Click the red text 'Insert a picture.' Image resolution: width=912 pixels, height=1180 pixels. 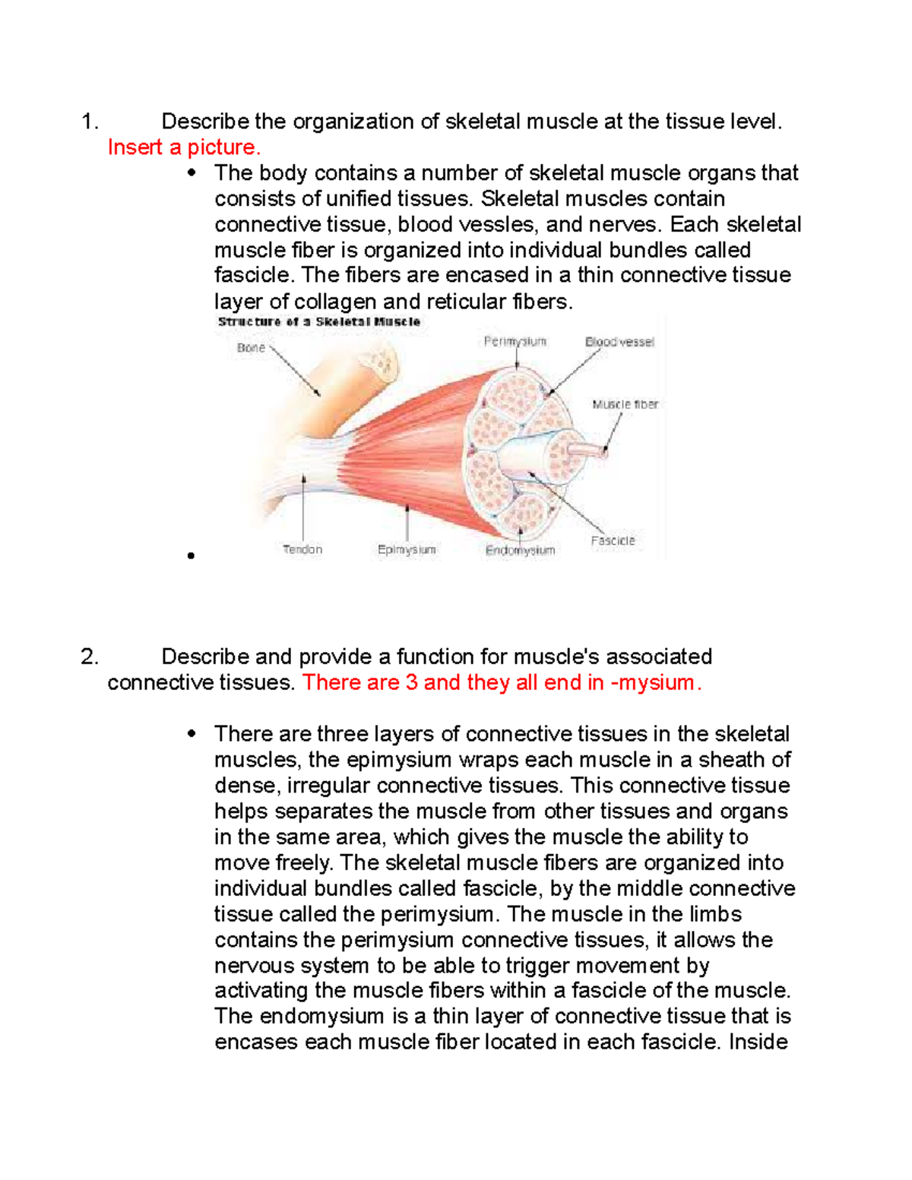184,147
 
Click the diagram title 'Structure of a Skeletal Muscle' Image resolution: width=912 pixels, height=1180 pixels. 318,322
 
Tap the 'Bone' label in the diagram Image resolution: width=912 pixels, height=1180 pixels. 251,348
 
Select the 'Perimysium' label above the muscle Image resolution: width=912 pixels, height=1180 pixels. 515,342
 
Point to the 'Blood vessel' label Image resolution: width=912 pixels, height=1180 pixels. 619,342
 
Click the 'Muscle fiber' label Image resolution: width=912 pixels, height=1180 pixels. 625,404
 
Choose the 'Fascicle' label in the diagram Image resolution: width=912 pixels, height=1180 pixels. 613,541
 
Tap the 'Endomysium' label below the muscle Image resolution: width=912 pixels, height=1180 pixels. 520,550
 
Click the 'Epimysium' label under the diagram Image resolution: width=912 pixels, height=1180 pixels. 407,549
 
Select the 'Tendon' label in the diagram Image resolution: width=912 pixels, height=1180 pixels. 302,549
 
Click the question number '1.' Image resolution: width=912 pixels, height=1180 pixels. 89,122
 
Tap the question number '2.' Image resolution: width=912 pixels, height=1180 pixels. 89,656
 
